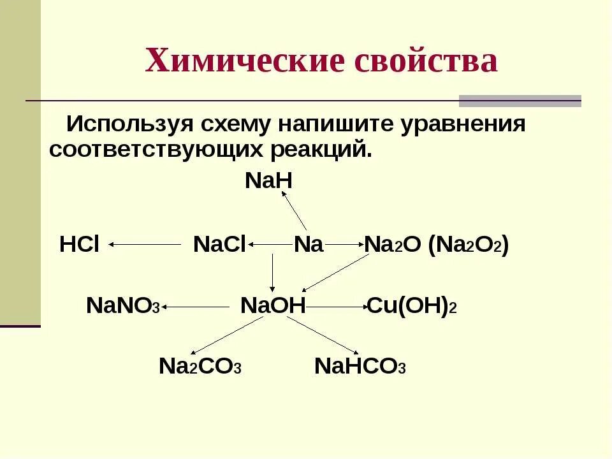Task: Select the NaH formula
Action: click(268, 181)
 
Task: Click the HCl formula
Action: click(79, 245)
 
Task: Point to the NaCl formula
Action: click(219, 245)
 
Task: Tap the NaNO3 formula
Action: click(123, 306)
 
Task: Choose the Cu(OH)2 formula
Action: click(411, 306)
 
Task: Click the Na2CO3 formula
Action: click(200, 367)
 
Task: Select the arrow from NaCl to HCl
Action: click(145, 244)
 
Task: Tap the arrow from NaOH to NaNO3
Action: click(195, 307)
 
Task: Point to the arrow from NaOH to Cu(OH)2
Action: click(336, 307)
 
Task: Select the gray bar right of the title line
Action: click(520, 101)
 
